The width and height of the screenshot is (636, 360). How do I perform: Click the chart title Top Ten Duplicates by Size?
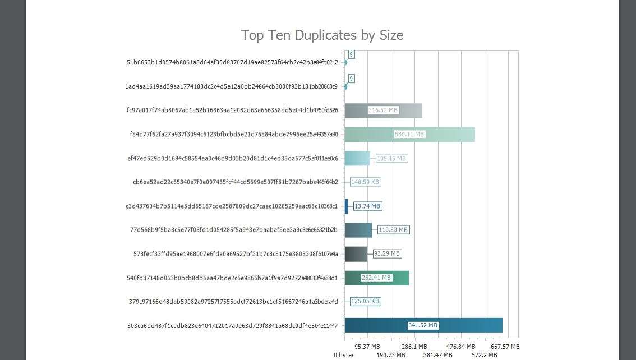322,35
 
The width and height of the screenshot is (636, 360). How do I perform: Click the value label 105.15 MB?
391,159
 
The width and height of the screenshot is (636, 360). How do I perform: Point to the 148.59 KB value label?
366,182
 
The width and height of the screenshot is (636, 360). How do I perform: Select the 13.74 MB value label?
367,206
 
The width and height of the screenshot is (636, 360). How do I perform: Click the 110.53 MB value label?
393,230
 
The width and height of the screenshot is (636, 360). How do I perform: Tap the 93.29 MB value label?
387,253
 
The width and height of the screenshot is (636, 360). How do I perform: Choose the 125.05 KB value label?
365,301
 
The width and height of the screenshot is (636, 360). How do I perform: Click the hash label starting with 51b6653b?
232,62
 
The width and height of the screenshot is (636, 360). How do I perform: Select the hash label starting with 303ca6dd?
232,325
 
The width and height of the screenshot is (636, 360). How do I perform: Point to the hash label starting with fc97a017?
232,110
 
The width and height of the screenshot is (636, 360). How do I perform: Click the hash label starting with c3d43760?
232,206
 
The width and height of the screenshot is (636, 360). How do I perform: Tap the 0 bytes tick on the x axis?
344,355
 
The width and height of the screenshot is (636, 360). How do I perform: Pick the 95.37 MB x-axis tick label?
367,347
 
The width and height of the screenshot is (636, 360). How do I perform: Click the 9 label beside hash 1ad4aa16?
351,79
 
